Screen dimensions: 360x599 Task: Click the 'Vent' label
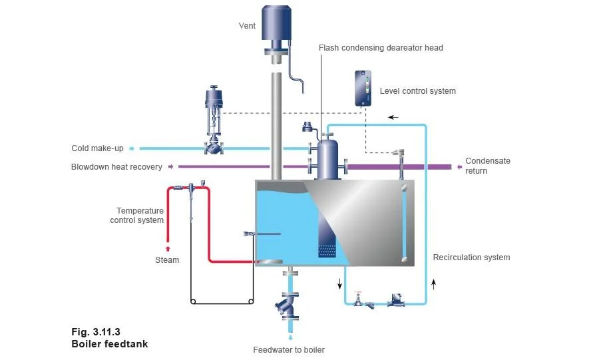tap(248, 27)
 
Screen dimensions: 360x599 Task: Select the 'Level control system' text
tap(417, 91)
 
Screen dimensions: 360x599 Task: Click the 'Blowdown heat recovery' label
tap(116, 167)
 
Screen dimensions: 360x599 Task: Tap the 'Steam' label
tap(167, 260)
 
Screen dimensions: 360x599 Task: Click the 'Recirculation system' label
tap(471, 258)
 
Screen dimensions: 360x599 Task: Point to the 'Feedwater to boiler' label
tap(289, 350)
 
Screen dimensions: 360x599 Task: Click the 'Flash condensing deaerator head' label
tap(381, 48)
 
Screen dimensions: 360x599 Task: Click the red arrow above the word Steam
tap(167, 249)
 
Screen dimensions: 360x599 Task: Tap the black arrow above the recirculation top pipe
tap(393, 117)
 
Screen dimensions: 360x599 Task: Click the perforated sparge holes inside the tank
tap(327, 252)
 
